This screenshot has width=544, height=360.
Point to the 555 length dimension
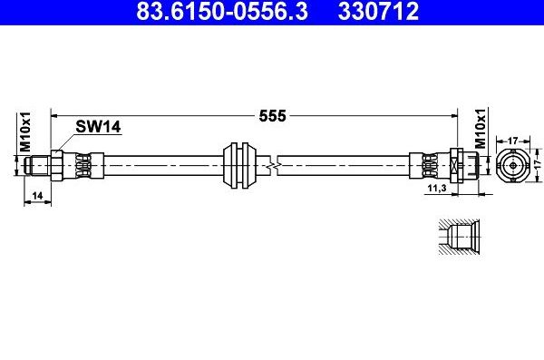coord(273,116)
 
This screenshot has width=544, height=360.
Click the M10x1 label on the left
coord(26,133)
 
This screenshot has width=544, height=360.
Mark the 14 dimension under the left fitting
coord(36,195)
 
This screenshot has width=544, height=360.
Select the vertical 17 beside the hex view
coord(535,167)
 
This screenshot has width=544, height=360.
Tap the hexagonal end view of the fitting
coord(512,167)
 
